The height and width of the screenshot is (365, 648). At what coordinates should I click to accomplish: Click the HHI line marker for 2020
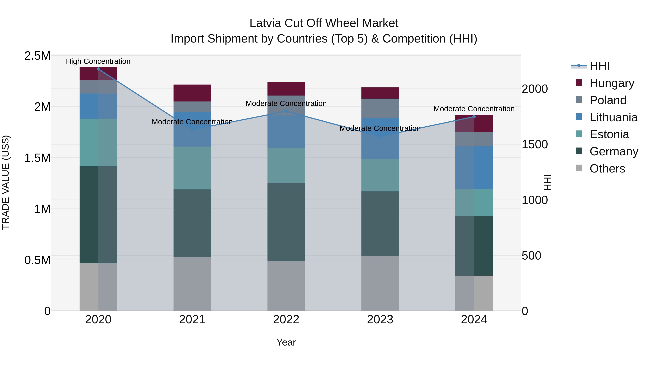point(98,69)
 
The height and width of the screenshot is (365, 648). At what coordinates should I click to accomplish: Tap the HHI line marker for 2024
point(474,117)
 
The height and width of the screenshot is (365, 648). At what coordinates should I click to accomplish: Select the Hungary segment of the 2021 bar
point(192,93)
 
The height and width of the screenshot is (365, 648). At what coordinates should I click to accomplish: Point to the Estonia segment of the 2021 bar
point(192,168)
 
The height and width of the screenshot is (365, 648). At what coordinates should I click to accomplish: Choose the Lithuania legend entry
point(613,117)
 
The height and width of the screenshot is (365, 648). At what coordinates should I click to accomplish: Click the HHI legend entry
point(599,66)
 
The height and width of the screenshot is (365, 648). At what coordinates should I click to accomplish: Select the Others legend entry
point(607,169)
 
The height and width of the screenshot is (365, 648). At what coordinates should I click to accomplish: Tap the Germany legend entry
point(614,151)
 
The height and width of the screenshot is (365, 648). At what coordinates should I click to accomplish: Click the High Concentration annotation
point(98,61)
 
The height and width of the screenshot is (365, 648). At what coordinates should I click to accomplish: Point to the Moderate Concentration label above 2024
point(474,109)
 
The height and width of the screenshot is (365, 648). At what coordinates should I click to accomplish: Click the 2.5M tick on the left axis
point(37,56)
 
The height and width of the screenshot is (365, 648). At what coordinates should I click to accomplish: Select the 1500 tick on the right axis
point(535,144)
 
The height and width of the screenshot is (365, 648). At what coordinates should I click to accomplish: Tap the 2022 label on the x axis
point(286,320)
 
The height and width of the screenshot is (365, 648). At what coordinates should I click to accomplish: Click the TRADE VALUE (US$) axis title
point(6,182)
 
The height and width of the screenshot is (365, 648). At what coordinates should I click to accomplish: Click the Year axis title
point(286,342)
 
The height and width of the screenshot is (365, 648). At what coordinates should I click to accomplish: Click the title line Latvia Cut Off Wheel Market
point(324,23)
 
